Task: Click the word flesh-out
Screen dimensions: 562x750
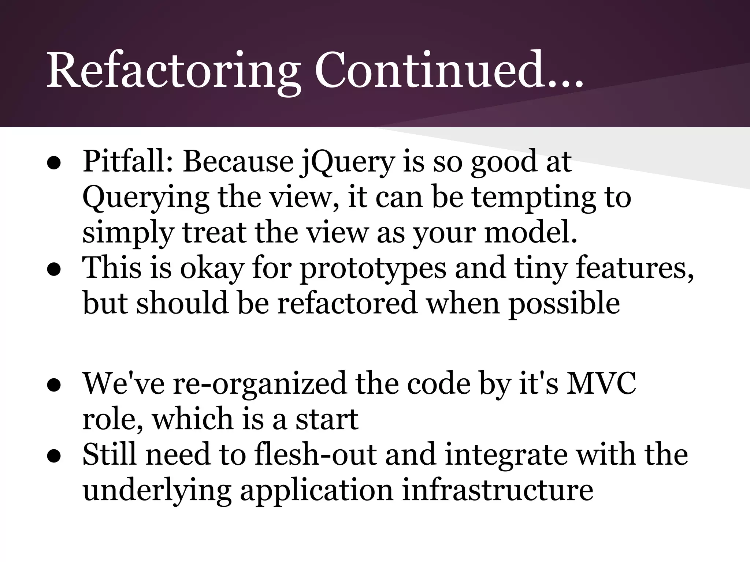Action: tap(315, 454)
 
